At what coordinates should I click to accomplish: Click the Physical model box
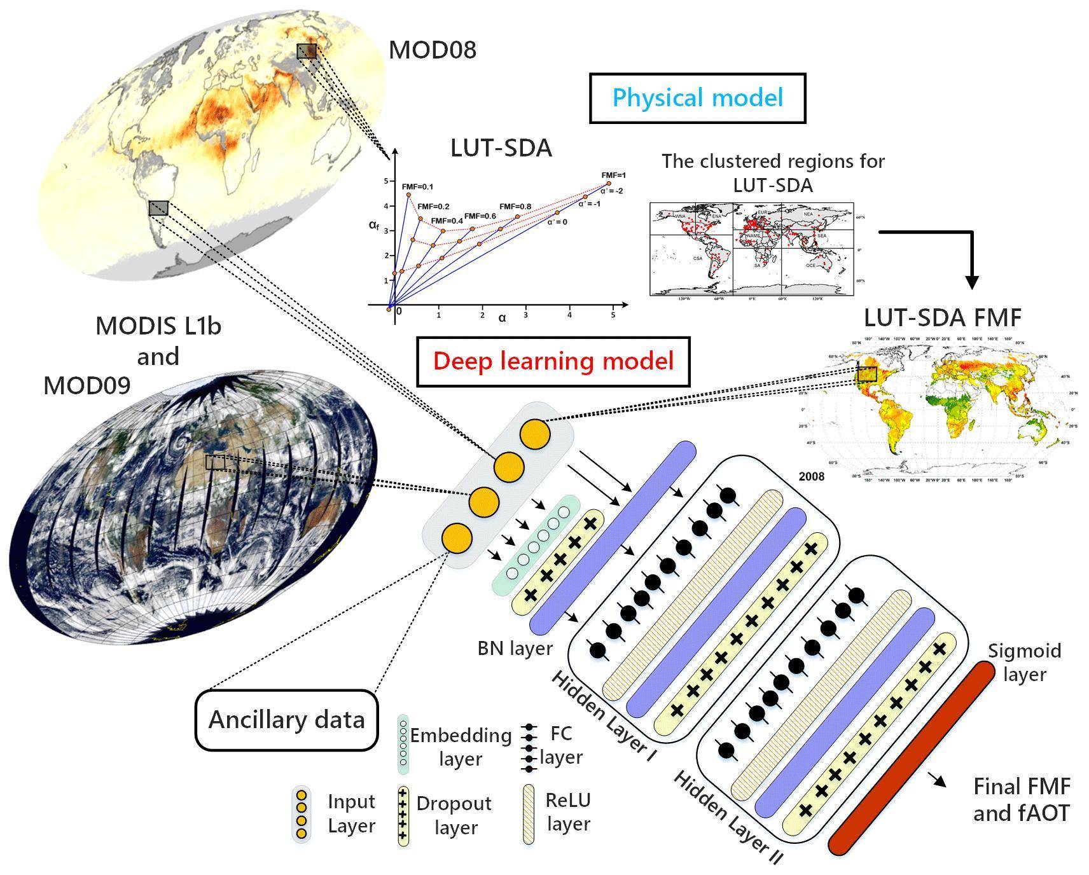697,98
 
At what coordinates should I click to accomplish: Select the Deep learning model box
553,361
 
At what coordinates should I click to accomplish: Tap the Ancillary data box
286,720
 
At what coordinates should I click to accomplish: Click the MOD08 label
432,50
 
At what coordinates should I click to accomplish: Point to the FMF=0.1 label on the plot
417,186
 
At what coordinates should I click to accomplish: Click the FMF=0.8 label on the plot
515,206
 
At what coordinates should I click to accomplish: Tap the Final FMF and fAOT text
1022,800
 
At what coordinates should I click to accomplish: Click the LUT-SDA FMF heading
943,318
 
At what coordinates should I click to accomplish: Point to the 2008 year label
811,476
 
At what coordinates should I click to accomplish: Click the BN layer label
515,649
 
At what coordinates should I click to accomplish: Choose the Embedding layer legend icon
403,745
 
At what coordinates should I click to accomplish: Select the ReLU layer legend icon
529,814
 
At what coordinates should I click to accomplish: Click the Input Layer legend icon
302,814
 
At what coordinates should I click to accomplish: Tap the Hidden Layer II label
728,818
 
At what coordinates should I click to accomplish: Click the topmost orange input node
534,434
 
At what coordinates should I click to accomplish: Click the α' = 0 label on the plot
557,222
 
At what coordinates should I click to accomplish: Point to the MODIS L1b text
158,326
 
